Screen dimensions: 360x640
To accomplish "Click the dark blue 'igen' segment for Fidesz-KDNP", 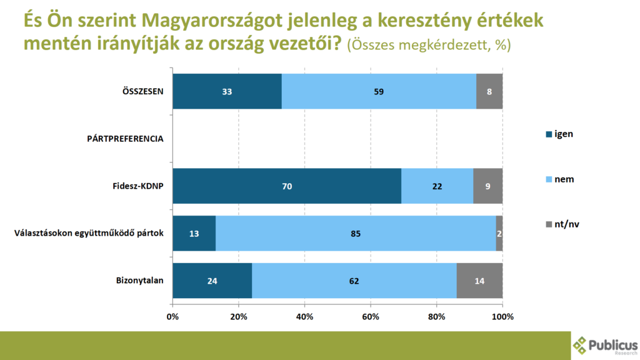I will (287, 186).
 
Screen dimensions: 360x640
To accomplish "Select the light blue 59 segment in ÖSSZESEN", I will (379, 91).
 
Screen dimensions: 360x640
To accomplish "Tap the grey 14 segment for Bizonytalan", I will (479, 281).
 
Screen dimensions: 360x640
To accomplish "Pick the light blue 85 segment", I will (356, 234).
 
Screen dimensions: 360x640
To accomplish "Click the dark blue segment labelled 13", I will (194, 234).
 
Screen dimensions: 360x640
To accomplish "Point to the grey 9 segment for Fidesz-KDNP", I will (487, 186).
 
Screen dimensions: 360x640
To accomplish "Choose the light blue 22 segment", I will (437, 186).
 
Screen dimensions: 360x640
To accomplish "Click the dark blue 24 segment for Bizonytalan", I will (212, 281).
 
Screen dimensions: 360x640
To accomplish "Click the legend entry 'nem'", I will (563, 179).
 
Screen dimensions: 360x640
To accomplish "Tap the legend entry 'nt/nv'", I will (566, 224).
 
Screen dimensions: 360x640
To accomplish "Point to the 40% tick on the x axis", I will (304, 316).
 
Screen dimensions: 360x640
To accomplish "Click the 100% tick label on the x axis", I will (502, 316).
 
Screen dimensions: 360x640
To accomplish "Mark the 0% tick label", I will (172, 316).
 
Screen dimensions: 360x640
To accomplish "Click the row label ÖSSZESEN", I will (142, 91).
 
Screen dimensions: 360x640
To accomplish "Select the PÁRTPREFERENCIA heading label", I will (125, 139).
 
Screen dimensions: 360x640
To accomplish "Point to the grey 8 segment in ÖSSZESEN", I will (489, 91).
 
